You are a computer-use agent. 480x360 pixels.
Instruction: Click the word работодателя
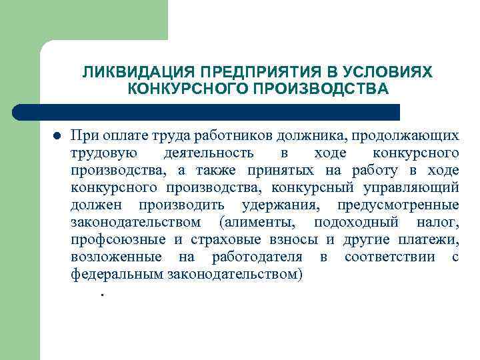[x=257, y=257]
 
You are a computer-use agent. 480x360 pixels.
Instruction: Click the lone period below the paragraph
[x=102, y=293]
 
